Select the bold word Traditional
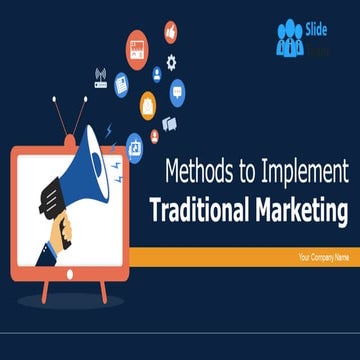[x=197, y=211]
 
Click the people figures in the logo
[x=291, y=39]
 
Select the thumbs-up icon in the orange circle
[x=169, y=32]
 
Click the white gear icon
[x=172, y=62]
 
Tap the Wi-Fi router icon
[x=101, y=76]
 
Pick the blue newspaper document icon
[x=121, y=85]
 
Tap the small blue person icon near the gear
[x=157, y=72]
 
